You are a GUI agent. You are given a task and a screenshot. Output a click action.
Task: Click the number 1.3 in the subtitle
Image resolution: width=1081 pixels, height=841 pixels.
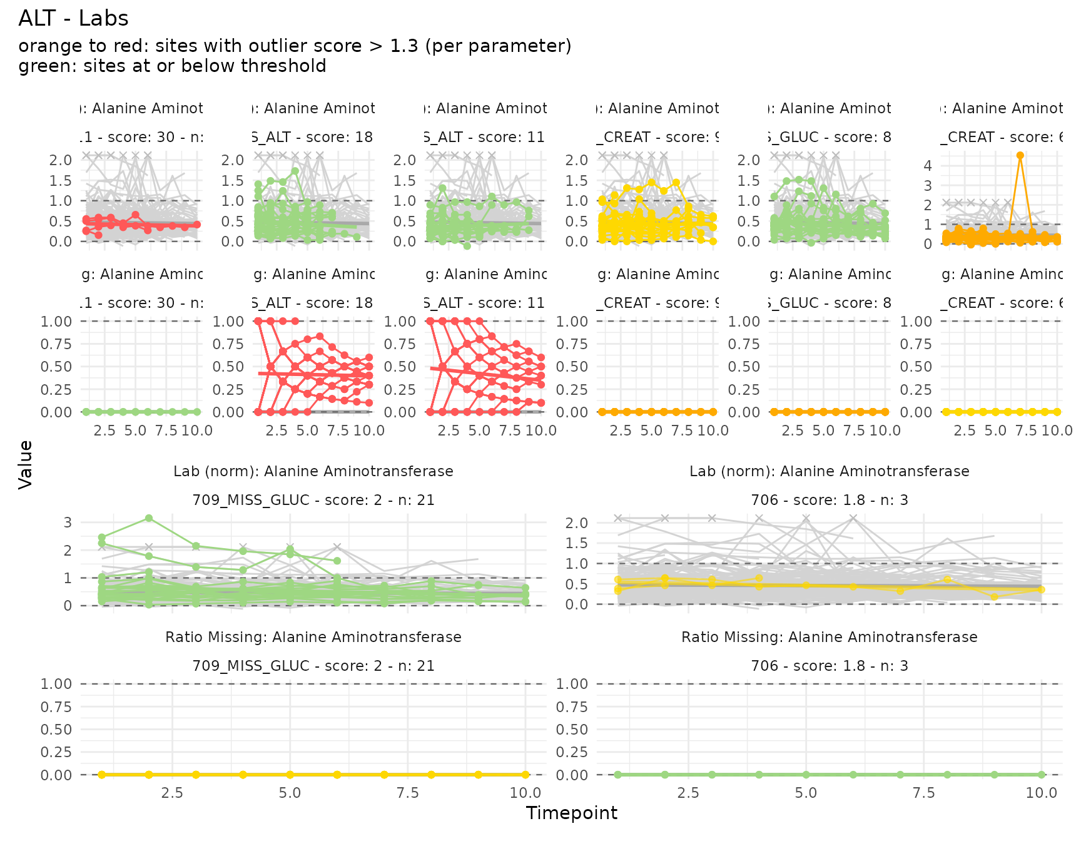pyautogui.click(x=404, y=46)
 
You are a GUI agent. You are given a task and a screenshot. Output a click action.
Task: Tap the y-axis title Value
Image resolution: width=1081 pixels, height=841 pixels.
pyautogui.click(x=26, y=464)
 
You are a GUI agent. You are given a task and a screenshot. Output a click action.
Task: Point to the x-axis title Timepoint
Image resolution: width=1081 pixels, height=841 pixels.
pyautogui.click(x=571, y=813)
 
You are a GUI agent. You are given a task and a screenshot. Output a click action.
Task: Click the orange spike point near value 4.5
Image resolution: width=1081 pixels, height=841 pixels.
pyautogui.click(x=1020, y=155)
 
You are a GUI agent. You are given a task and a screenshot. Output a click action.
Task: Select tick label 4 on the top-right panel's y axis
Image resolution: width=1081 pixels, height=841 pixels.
pyautogui.click(x=928, y=166)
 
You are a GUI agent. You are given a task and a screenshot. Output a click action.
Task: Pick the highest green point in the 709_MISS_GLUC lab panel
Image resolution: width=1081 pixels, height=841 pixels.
pyautogui.click(x=149, y=518)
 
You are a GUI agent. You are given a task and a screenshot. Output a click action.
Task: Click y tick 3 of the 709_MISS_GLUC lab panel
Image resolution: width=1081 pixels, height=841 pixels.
pyautogui.click(x=68, y=522)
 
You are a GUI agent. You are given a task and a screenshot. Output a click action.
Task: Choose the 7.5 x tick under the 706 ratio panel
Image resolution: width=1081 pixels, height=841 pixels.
pyautogui.click(x=923, y=793)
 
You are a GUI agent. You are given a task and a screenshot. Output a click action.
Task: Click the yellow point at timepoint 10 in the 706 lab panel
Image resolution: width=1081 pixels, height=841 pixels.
pyautogui.click(x=1042, y=589)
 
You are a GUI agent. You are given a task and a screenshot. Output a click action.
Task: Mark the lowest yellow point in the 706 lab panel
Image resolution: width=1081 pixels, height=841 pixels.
pyautogui.click(x=995, y=597)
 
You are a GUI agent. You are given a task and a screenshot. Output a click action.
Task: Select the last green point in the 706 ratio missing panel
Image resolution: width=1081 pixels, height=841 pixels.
pyautogui.click(x=1042, y=775)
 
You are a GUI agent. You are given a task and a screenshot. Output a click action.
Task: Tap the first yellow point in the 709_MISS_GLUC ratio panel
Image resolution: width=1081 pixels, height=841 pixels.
pyautogui.click(x=102, y=775)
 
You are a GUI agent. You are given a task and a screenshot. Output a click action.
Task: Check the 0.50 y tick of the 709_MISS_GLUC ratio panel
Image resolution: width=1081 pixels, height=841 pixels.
pyautogui.click(x=56, y=730)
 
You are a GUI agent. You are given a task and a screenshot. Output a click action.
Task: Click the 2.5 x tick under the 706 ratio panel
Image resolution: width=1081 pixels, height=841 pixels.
pyautogui.click(x=688, y=793)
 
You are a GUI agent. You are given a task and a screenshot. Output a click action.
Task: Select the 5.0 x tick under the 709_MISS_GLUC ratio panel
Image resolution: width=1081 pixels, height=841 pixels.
pyautogui.click(x=290, y=793)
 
